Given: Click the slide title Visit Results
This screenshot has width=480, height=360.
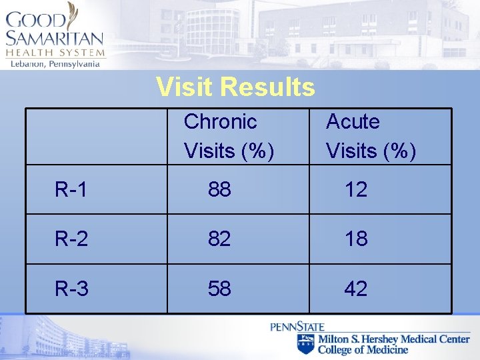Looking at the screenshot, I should tap(235, 87).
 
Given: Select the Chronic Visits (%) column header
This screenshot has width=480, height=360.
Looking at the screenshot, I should tap(229, 137).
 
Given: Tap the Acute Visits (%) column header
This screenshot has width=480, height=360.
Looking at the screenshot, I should tap(371, 137).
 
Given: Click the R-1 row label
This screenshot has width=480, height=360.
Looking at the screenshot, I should tap(71, 190).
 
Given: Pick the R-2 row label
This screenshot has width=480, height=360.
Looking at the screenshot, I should tap(71, 239).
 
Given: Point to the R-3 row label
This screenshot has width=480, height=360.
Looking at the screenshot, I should tap(71, 289).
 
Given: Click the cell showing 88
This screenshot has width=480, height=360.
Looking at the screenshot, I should tap(219, 190).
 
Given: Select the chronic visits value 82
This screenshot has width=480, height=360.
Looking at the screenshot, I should tap(219, 239).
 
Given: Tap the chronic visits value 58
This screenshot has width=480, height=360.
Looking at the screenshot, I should tap(219, 289).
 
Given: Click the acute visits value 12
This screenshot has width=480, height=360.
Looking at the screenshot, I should tap(356, 190).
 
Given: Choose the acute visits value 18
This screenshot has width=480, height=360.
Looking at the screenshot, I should tap(356, 239).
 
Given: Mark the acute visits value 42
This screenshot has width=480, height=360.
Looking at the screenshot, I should tap(356, 289).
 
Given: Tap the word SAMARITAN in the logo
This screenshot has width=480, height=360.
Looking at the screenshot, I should tap(55, 38).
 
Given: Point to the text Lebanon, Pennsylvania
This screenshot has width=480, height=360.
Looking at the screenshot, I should tap(55, 63).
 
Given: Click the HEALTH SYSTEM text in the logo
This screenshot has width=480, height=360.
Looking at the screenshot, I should tap(55, 53).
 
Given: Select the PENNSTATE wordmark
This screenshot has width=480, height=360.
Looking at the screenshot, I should tap(297, 327).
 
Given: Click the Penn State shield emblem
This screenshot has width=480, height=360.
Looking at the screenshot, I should tap(306, 344).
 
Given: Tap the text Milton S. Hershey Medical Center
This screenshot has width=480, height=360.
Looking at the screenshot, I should tap(393, 339).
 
